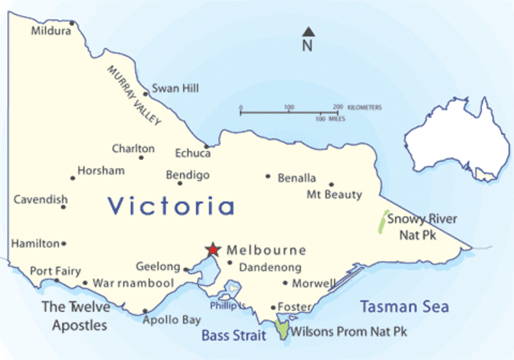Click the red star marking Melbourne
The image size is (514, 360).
213,249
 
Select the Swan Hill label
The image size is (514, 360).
175,88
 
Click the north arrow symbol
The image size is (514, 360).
308,33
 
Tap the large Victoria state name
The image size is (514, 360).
171,207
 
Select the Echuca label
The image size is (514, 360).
192,153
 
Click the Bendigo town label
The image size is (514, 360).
187,175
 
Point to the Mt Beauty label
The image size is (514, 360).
335,194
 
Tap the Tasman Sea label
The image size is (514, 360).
404,307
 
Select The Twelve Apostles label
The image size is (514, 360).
74,316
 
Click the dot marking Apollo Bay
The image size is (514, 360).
145,312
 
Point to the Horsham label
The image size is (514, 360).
101,171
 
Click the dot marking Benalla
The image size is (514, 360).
268,177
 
